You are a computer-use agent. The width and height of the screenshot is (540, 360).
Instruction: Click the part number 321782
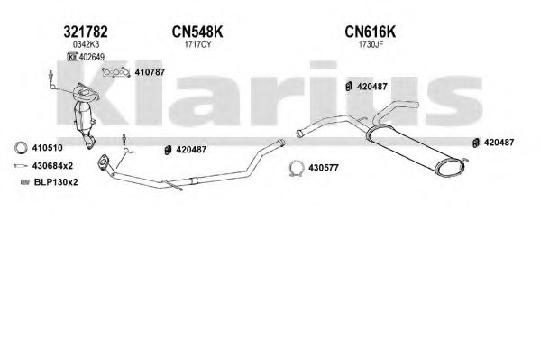(x=86, y=32)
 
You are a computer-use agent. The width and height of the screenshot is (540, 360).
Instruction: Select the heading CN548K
(x=197, y=32)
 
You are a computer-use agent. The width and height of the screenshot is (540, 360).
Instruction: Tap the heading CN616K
(x=371, y=32)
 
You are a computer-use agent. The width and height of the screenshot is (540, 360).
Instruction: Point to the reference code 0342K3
(x=86, y=44)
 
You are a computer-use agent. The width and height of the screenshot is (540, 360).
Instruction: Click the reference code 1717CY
(x=197, y=44)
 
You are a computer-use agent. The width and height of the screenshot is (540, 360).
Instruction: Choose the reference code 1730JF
(x=371, y=44)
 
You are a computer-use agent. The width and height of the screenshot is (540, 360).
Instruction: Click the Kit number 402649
(x=92, y=57)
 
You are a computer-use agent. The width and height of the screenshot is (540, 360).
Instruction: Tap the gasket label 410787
(x=150, y=72)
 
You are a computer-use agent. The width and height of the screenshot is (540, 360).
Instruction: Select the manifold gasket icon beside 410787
(x=116, y=72)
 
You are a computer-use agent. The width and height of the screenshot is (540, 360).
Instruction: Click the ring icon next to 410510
(x=21, y=143)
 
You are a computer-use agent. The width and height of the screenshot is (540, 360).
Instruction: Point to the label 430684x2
(x=52, y=166)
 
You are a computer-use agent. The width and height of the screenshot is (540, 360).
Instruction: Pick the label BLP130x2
(x=56, y=182)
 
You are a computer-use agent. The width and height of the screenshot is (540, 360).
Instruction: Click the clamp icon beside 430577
(x=297, y=162)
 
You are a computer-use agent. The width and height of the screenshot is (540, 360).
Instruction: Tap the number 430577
(x=324, y=168)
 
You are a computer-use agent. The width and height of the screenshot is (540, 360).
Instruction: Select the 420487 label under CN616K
(x=372, y=87)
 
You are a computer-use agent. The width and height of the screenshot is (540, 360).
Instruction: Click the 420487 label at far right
(x=499, y=142)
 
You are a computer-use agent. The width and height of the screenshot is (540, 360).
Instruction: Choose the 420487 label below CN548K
(x=191, y=150)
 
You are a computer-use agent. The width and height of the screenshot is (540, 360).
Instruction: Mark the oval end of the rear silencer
(x=450, y=168)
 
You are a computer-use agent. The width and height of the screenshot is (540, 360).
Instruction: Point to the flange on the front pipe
(x=102, y=162)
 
